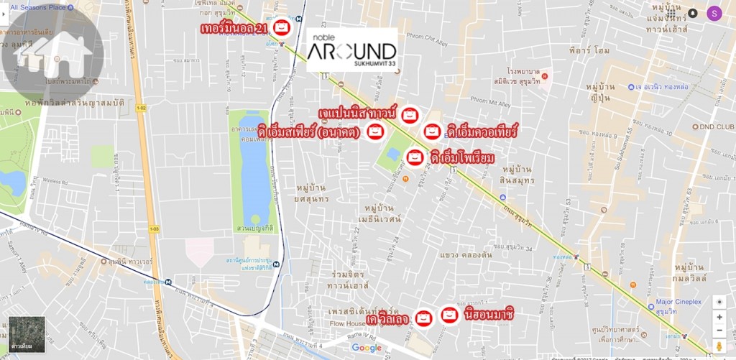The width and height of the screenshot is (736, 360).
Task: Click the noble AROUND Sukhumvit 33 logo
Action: tap(351, 50)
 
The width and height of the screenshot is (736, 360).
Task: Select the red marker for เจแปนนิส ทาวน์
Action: tap(409, 114)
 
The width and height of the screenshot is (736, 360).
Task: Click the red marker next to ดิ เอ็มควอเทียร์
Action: tap(432, 131)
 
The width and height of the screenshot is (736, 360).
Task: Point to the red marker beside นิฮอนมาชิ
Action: tap(449, 314)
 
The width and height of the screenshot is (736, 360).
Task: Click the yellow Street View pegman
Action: tap(719, 347)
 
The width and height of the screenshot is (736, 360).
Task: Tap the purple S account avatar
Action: tap(714, 12)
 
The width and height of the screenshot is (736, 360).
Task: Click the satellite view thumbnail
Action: tap(27, 334)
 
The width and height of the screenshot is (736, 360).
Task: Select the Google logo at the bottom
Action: tap(367, 348)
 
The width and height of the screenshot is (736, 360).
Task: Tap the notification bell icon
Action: tap(692, 13)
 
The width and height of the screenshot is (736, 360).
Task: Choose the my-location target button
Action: tap(719, 302)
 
